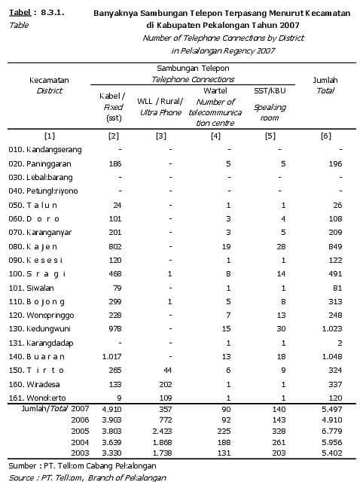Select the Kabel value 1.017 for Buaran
click(x=114, y=355)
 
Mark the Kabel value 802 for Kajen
click(x=114, y=246)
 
